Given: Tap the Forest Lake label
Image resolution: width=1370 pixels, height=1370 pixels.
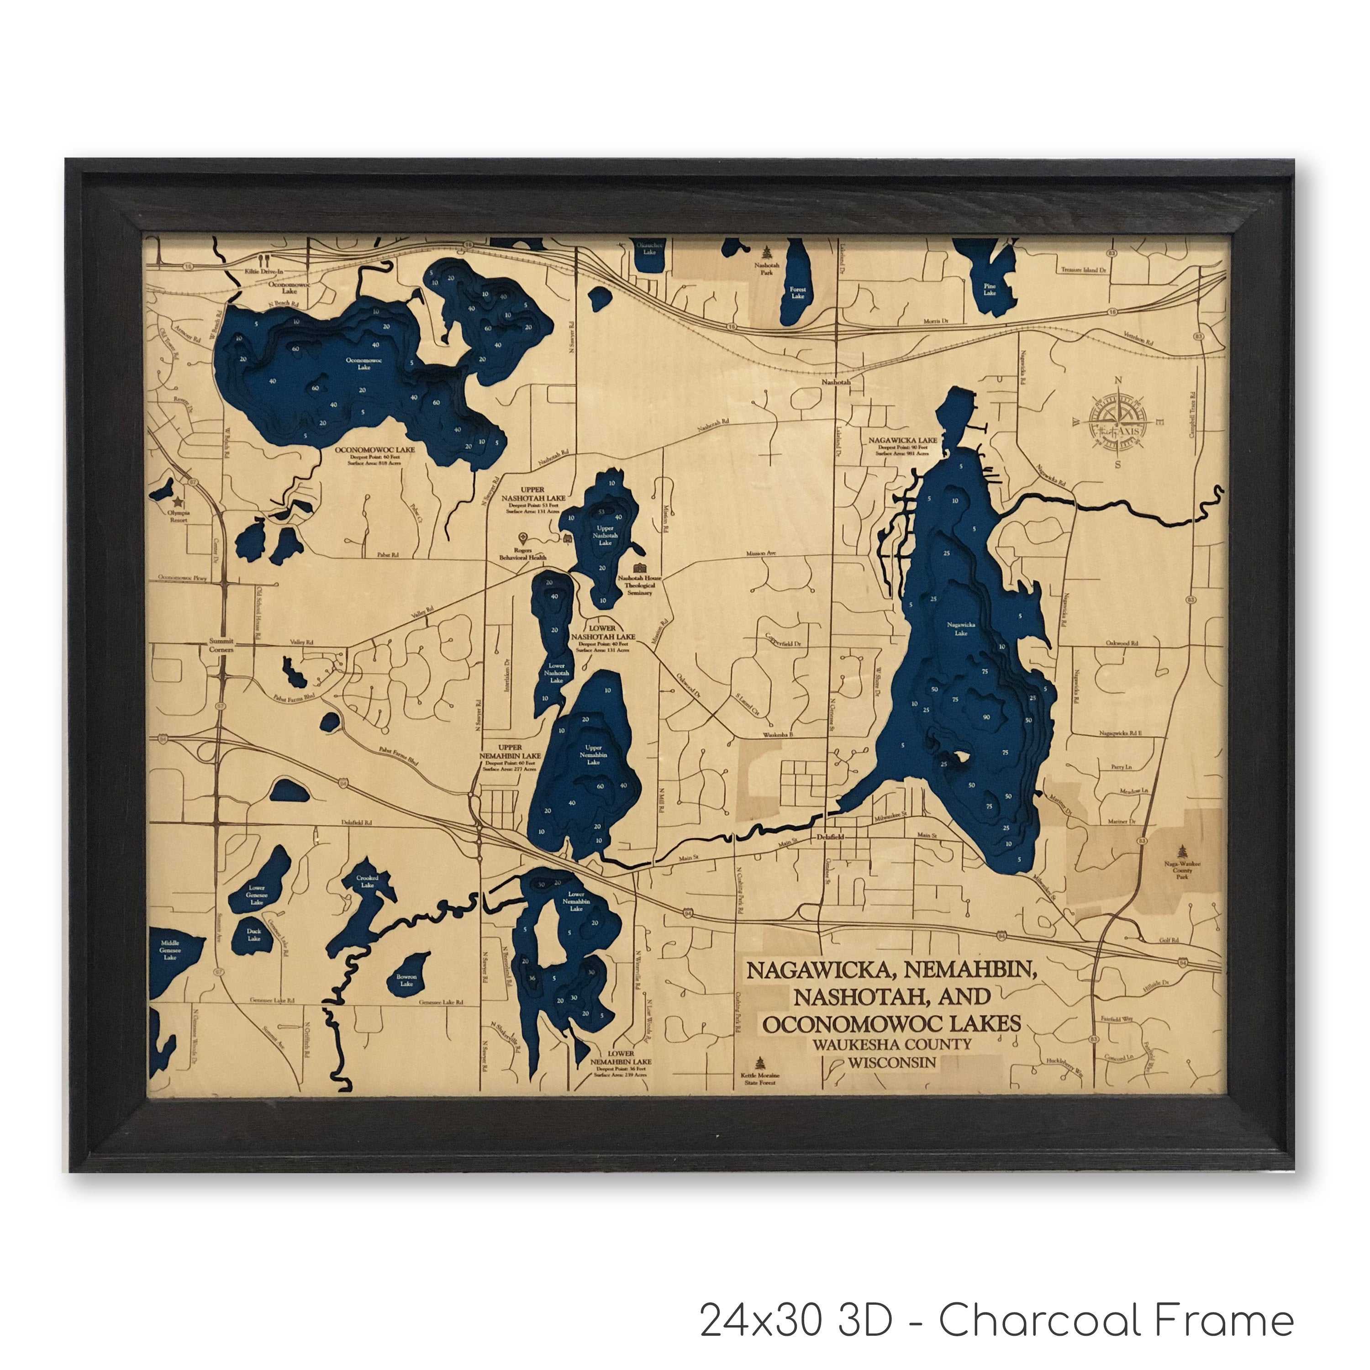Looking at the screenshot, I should click(798, 293).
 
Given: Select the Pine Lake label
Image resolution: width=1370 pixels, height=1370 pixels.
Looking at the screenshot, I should click(990, 290).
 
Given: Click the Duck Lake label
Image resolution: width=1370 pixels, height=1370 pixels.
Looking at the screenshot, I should click(254, 935).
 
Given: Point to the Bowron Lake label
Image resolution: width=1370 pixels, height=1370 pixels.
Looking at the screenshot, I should click(406, 980).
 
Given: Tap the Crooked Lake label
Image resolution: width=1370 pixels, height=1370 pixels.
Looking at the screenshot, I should click(367, 881).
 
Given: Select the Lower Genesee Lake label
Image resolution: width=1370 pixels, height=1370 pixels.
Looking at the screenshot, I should click(257, 895).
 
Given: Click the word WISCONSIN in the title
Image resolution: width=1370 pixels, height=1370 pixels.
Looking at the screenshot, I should click(892, 1062).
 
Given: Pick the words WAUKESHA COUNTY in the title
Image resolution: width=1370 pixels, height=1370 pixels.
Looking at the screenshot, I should click(892, 1044).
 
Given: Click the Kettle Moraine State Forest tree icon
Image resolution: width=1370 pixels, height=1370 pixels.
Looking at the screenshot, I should click(761, 1062).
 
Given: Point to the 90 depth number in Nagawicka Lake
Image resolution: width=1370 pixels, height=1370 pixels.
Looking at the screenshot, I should click(986, 717).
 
